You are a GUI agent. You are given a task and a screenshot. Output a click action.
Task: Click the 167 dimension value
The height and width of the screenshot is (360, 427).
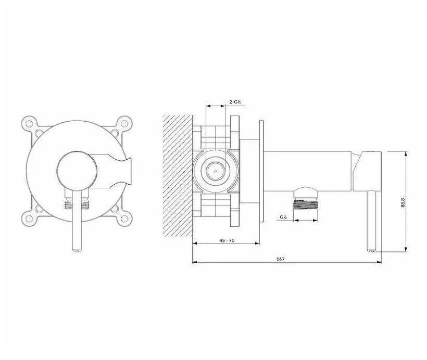click(280, 259)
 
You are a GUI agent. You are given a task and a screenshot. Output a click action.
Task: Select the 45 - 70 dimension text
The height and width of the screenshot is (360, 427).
click(227, 240)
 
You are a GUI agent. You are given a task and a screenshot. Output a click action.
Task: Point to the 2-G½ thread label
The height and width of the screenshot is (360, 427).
click(235, 102)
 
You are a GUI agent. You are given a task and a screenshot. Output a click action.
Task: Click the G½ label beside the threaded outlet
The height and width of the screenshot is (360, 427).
click(283, 217)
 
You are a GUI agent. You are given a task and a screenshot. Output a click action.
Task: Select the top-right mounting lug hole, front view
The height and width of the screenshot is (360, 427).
click(125, 122)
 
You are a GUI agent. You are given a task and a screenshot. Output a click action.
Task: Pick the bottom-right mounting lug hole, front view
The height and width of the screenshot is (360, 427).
click(125, 218)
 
